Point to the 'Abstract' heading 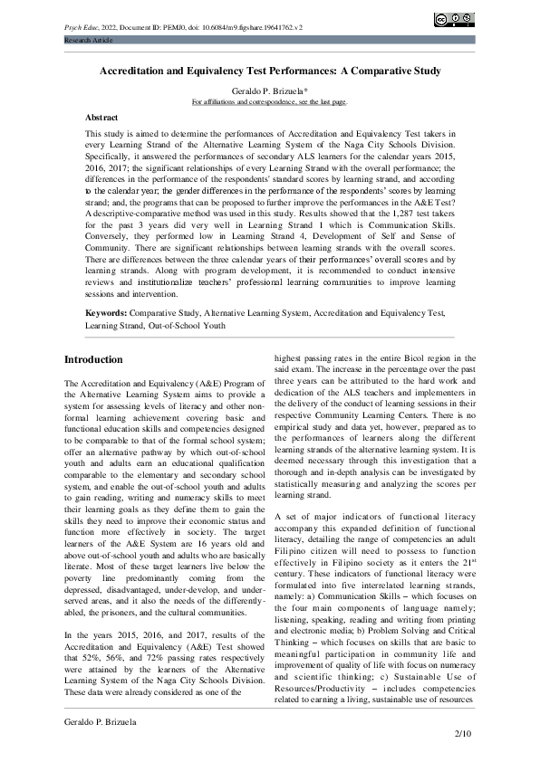click(101, 118)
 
